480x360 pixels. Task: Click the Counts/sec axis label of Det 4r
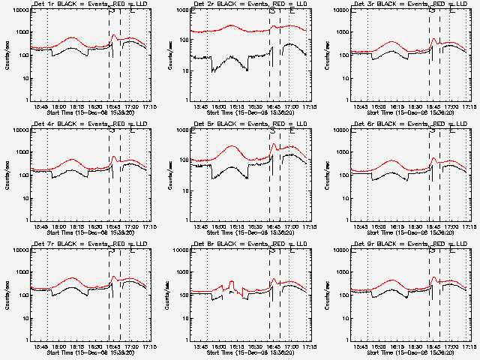tap(6, 174)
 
